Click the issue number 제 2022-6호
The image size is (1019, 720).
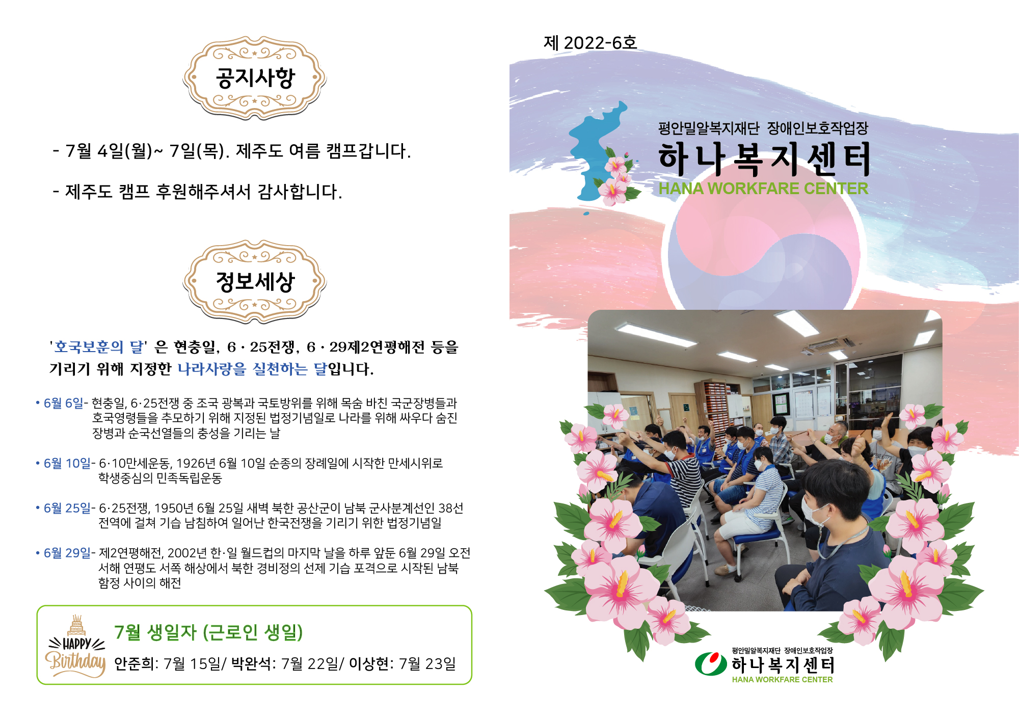(590, 43)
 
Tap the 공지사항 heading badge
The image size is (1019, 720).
(255, 78)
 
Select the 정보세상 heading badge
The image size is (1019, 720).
(255, 281)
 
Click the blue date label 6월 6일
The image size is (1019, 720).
(63, 403)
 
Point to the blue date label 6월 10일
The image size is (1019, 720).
(67, 463)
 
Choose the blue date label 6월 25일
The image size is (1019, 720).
(67, 508)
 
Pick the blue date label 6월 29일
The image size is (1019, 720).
(67, 553)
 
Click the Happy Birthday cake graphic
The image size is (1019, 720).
(76, 646)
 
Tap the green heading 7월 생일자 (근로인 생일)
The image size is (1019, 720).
(208, 632)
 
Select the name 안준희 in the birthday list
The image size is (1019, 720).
(134, 663)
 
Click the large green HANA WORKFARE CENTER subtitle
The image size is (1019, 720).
(763, 189)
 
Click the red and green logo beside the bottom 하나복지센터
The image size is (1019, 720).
(711, 663)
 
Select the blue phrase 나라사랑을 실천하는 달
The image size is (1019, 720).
(252, 368)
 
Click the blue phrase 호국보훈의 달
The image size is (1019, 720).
(99, 347)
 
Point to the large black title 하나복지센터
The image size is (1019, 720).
(764, 159)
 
